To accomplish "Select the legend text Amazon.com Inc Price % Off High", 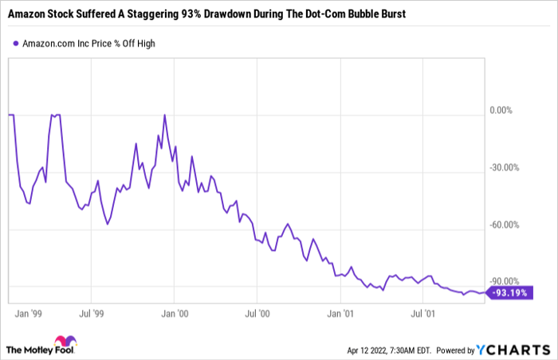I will click(x=89, y=43).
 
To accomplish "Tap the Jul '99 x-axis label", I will click(x=93, y=314).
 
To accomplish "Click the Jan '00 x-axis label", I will click(x=175, y=314).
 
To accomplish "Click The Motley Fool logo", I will click(x=41, y=348).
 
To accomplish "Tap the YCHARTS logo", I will click(x=513, y=349).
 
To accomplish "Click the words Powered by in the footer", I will click(x=455, y=350).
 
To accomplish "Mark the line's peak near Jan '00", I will click(x=164, y=115).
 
